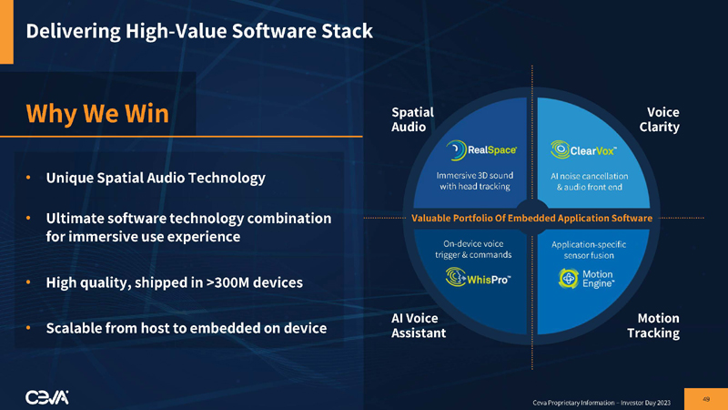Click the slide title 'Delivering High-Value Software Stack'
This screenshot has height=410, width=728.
click(199, 31)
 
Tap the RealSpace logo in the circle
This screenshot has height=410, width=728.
click(482, 149)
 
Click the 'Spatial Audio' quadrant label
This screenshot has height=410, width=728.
click(411, 119)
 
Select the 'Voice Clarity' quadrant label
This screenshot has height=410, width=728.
click(658, 119)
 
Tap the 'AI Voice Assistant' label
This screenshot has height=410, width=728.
click(418, 325)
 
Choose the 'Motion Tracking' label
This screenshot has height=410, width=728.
click(652, 325)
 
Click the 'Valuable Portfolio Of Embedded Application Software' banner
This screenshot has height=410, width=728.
click(532, 219)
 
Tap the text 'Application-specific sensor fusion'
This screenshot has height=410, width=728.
click(588, 251)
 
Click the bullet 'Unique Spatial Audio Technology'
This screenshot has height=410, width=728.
click(156, 178)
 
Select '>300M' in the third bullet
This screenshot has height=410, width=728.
click(231, 282)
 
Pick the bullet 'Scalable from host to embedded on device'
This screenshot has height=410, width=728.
click(186, 327)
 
